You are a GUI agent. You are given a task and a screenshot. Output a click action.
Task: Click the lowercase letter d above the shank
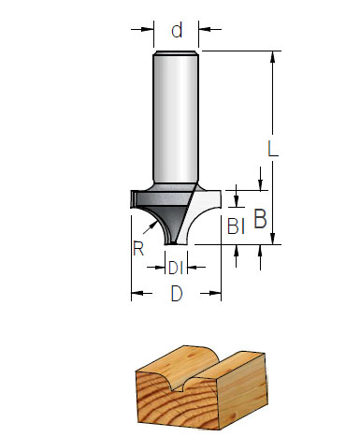(177, 31)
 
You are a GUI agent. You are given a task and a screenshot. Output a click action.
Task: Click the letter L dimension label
(273, 148)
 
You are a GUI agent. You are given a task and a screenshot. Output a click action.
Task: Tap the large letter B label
(260, 219)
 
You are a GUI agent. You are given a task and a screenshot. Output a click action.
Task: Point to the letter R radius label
(138, 248)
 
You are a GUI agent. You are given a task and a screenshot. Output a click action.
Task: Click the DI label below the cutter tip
(176, 268)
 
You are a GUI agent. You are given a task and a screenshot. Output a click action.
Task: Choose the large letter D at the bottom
(177, 294)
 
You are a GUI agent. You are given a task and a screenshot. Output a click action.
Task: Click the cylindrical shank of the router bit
(176, 117)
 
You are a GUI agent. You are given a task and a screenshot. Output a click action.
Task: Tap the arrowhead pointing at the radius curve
(153, 225)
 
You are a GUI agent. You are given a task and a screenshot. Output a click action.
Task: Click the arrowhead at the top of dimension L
(273, 57)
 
